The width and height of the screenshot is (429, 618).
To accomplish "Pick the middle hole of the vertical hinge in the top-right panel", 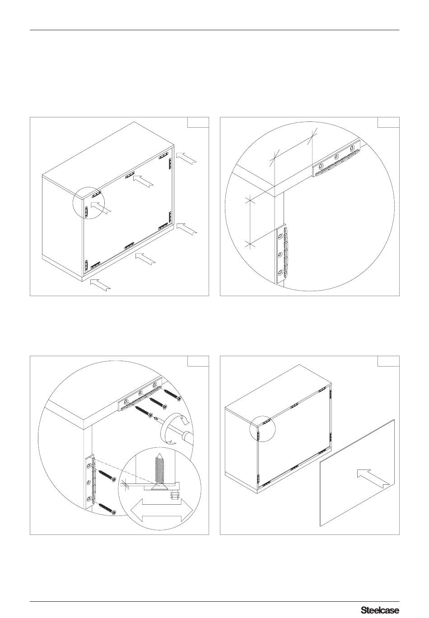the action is point(280,254).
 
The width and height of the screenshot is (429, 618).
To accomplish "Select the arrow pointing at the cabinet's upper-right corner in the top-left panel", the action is point(187,159).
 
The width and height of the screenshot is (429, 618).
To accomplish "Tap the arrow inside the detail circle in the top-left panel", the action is point(101,208).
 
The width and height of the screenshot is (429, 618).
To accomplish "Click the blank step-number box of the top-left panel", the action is point(198,122).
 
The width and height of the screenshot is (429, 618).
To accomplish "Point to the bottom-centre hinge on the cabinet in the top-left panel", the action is point(129,245).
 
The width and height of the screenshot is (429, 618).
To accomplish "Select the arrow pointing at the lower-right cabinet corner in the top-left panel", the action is point(187,229).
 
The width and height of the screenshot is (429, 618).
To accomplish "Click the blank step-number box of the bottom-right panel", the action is point(388,362).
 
